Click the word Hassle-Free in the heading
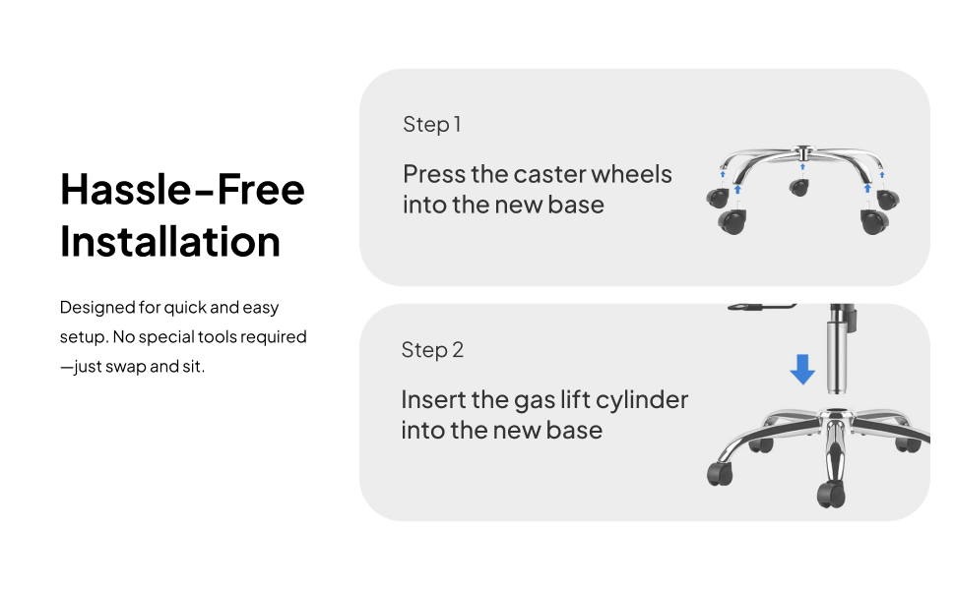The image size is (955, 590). [x=182, y=189]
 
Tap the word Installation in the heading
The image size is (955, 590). [x=170, y=242]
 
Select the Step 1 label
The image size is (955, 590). [x=432, y=125]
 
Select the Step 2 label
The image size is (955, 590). [x=432, y=350]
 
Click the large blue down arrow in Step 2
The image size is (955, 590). [x=802, y=369]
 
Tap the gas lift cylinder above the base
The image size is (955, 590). [x=838, y=349]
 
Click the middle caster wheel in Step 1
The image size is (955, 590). [x=799, y=188]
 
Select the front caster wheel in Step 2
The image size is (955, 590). [x=832, y=494]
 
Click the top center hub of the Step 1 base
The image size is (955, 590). [x=802, y=152]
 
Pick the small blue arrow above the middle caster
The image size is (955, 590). [x=802, y=166]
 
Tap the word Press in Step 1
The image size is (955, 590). [x=434, y=175]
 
